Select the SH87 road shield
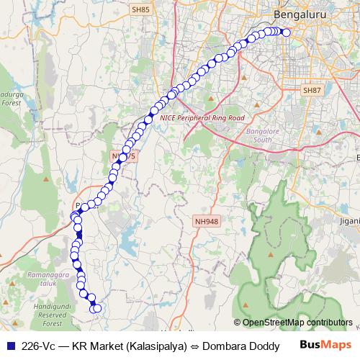(x=312, y=90)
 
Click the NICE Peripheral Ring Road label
(x=202, y=117)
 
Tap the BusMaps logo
(x=326, y=345)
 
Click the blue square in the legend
(x=10, y=345)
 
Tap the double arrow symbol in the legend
(x=193, y=345)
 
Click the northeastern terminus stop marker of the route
(x=287, y=32)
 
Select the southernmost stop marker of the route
(x=96, y=310)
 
